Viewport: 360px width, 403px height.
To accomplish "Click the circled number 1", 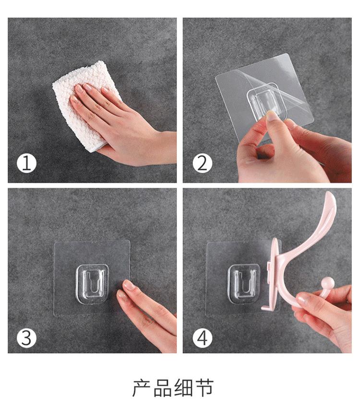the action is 27,163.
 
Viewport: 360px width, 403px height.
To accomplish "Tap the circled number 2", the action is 203,163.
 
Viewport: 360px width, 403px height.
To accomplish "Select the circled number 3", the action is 27,338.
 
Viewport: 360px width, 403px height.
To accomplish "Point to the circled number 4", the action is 203,338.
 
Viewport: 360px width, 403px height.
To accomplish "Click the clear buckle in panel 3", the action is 92,284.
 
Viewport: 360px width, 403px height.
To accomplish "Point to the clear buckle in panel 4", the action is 244,284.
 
